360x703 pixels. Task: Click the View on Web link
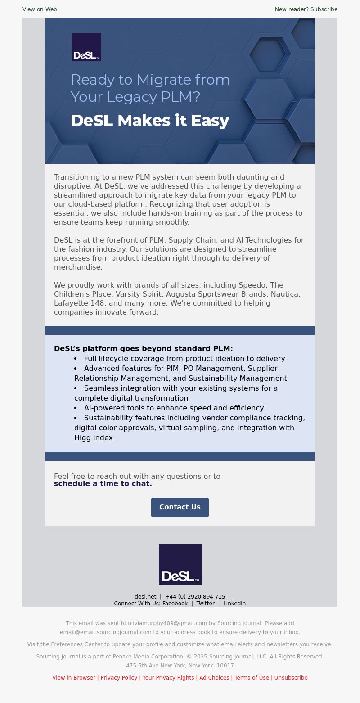(x=40, y=9)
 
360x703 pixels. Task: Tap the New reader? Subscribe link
(x=306, y=9)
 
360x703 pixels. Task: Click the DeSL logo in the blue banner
(x=86, y=47)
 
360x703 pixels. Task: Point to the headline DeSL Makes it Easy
(x=150, y=121)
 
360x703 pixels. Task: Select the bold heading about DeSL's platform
(x=144, y=348)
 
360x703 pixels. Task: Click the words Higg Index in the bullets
(x=94, y=437)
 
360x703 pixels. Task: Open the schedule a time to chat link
(x=103, y=484)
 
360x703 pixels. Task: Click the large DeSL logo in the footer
(x=180, y=564)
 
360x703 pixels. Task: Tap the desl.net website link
(x=145, y=597)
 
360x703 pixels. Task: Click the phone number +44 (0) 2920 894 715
(x=195, y=597)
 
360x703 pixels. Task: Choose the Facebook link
(x=175, y=604)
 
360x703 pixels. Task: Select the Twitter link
(x=205, y=604)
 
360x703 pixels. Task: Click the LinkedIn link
(x=234, y=604)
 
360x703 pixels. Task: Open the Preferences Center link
(x=77, y=644)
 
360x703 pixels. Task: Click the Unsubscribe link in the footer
(x=291, y=678)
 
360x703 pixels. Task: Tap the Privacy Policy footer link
(x=119, y=678)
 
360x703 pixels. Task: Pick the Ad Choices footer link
(x=214, y=678)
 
